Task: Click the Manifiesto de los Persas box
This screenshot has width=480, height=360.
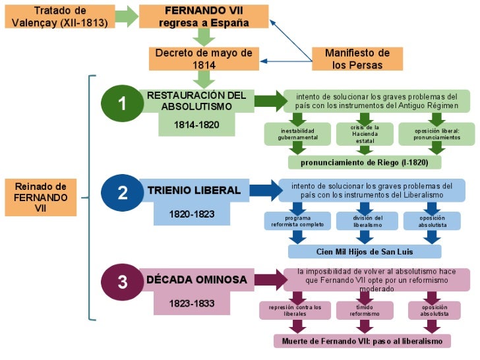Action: click(x=357, y=59)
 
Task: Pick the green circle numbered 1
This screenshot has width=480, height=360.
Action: click(x=122, y=104)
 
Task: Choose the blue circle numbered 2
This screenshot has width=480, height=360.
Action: click(x=122, y=193)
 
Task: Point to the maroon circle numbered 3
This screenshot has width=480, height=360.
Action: click(x=122, y=282)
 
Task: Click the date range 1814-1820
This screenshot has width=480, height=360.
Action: click(x=196, y=124)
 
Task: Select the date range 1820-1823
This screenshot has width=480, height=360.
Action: click(x=191, y=214)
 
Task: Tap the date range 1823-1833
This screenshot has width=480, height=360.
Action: click(x=191, y=303)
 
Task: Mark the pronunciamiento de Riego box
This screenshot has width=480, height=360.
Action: click(x=365, y=162)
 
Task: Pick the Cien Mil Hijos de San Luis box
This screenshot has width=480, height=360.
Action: click(x=365, y=252)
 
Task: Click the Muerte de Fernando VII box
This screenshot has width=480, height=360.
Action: click(x=362, y=341)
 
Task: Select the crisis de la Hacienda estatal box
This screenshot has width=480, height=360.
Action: click(x=365, y=133)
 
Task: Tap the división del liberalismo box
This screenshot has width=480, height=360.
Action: click(x=365, y=222)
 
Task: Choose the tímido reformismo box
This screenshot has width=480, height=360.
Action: click(x=365, y=310)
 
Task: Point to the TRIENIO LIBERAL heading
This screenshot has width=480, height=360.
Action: click(x=194, y=191)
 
